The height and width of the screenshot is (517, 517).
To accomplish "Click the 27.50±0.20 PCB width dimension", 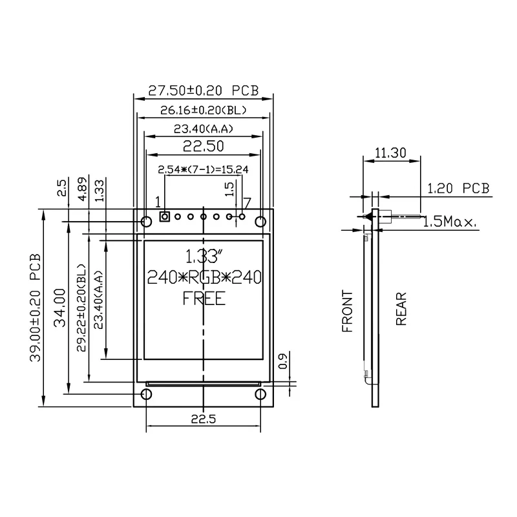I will tap(203, 90).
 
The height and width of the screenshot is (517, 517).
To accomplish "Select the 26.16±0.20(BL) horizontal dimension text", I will tap(203, 111).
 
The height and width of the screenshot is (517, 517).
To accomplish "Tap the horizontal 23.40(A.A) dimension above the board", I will tap(203, 129).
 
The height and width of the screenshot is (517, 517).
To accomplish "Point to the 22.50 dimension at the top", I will tap(203, 147).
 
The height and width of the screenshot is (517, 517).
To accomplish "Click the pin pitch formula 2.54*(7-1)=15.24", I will tap(203, 169).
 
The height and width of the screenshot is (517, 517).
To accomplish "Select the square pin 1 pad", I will tap(164, 216).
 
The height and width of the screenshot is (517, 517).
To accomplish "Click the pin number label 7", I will tap(246, 201).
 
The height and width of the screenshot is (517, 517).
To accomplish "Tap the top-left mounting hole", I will tap(147, 222).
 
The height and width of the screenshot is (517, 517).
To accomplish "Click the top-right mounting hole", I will tap(260, 222).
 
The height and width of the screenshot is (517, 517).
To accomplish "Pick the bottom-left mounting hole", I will tap(147, 394).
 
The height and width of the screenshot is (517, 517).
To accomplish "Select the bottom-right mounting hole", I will tap(260, 394).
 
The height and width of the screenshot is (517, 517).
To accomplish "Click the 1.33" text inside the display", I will tap(203, 254).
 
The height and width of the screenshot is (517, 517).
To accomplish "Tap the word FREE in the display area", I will tap(203, 299).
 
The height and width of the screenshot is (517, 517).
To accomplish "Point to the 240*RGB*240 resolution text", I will tap(203, 278).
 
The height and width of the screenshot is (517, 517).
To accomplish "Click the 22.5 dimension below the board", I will tap(203, 419).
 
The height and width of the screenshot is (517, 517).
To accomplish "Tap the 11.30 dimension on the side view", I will tap(390, 153).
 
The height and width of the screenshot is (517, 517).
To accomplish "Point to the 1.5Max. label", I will tap(450, 222).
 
